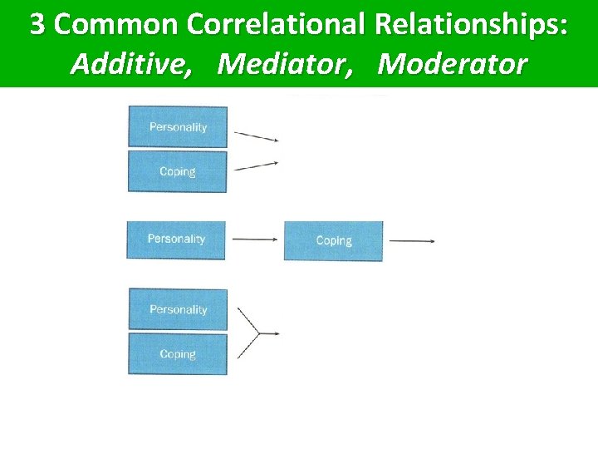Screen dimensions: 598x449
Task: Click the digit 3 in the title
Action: [38, 25]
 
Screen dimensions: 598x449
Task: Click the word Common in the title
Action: [117, 25]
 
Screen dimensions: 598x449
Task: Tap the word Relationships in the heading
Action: [470, 25]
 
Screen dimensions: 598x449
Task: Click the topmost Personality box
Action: [178, 126]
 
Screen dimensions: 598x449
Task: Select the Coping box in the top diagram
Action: [178, 171]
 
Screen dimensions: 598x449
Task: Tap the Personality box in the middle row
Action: [176, 239]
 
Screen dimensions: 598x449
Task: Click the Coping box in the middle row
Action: [334, 241]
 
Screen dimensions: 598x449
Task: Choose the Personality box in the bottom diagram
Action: [178, 309]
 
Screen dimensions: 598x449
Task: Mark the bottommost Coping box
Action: [178, 354]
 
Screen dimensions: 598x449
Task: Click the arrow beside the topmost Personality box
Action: [256, 136]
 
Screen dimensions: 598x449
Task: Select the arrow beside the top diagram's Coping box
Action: [256, 165]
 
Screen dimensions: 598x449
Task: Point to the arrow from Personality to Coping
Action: [254, 239]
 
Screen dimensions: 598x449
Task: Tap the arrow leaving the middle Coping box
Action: [412, 241]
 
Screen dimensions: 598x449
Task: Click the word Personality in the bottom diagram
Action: [178, 309]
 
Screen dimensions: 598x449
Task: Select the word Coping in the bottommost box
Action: [178, 354]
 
